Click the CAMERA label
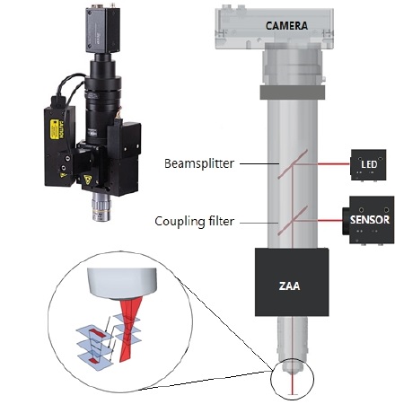(x=286, y=26)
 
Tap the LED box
(x=368, y=164)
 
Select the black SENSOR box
(x=368, y=220)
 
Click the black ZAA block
(x=292, y=282)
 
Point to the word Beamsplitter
(x=199, y=163)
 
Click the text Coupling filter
(x=195, y=222)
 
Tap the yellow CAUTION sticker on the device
(x=55, y=129)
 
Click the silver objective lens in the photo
(x=101, y=206)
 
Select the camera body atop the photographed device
(x=102, y=29)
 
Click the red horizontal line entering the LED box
(x=334, y=164)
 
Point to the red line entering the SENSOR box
(x=329, y=221)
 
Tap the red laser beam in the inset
(x=128, y=329)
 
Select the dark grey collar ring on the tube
(x=293, y=92)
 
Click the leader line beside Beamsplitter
(x=259, y=163)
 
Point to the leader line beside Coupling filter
(x=259, y=223)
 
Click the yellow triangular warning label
(x=88, y=180)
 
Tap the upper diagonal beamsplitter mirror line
(x=293, y=164)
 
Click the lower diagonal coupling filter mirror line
(x=293, y=221)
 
